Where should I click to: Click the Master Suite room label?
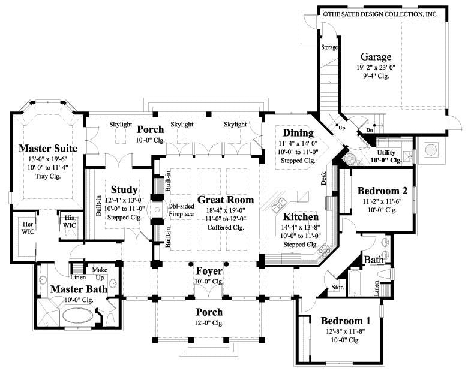(x=47, y=147)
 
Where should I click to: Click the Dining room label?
(x=298, y=133)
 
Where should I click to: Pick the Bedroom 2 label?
(x=383, y=191)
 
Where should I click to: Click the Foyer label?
(x=209, y=270)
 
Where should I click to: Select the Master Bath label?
(x=79, y=289)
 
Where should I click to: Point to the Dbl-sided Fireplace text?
(x=180, y=210)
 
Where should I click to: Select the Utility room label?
(x=387, y=153)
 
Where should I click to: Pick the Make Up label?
(x=100, y=273)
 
